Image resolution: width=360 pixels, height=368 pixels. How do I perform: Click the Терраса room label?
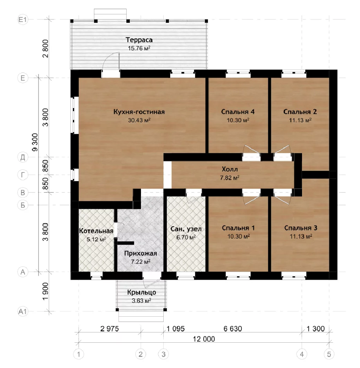[x=139, y=40]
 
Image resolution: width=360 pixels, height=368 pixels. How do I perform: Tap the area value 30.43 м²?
[x=139, y=120]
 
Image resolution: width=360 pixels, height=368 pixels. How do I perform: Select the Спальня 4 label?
[x=238, y=112]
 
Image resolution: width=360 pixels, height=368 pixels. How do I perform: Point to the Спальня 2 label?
[x=300, y=112]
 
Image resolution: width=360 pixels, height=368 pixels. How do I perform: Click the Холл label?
[x=230, y=169]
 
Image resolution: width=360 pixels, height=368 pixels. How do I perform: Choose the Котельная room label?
[x=97, y=231]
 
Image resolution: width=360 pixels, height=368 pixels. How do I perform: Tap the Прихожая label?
[x=141, y=254]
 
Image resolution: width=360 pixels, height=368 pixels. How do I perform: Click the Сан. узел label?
[x=186, y=229]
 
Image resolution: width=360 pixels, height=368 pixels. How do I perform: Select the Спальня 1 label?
[x=238, y=228]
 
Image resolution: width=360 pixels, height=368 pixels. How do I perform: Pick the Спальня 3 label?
[x=301, y=228]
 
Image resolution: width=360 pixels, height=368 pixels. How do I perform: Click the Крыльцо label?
[x=141, y=292]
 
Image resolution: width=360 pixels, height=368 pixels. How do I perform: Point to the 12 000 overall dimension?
[x=204, y=339]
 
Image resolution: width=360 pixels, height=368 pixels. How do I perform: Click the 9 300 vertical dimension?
[x=35, y=142]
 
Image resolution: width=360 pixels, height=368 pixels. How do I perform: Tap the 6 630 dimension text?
[x=233, y=328]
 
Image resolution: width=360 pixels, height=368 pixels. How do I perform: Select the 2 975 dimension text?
[x=109, y=328]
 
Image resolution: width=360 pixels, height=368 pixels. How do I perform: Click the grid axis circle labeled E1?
[x=23, y=19]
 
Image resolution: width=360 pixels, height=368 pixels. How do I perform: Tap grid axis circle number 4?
[x=302, y=354]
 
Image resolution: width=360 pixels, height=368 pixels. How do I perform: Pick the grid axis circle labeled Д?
[x=23, y=157]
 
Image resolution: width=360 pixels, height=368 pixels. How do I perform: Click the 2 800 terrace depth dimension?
[x=46, y=49]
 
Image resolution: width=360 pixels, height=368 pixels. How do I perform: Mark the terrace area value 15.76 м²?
[x=139, y=48]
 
